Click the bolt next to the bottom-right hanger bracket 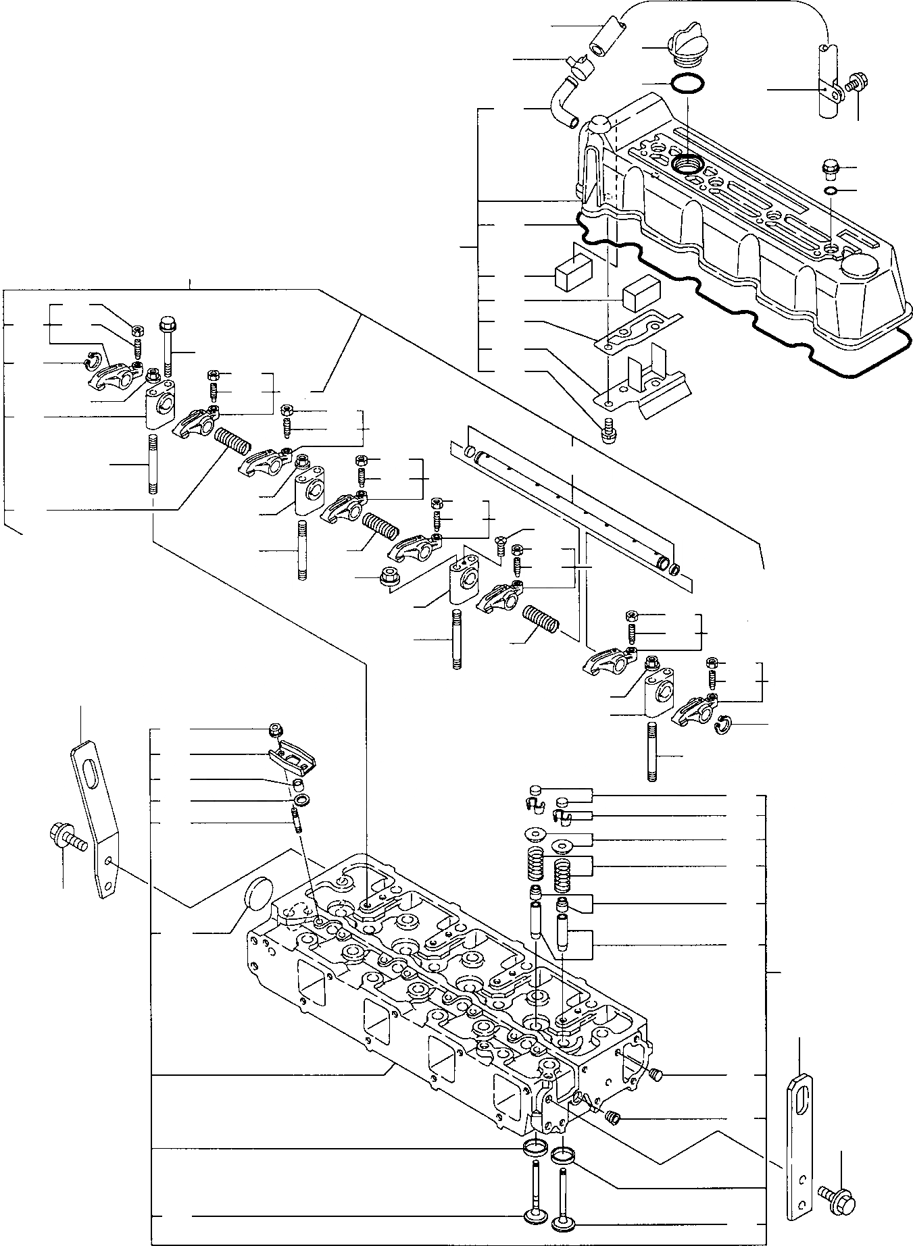838,1194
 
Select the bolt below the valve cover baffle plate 608,431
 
